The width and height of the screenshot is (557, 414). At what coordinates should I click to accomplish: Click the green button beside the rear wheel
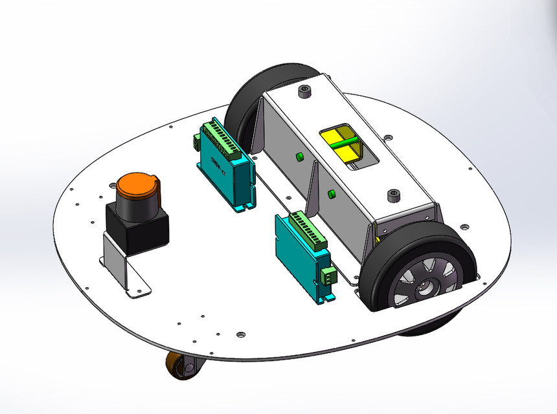tap(299, 157)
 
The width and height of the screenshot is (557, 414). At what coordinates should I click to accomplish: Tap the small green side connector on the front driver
tap(328, 276)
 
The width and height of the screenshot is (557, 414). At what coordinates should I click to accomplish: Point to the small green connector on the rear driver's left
tap(196, 141)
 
